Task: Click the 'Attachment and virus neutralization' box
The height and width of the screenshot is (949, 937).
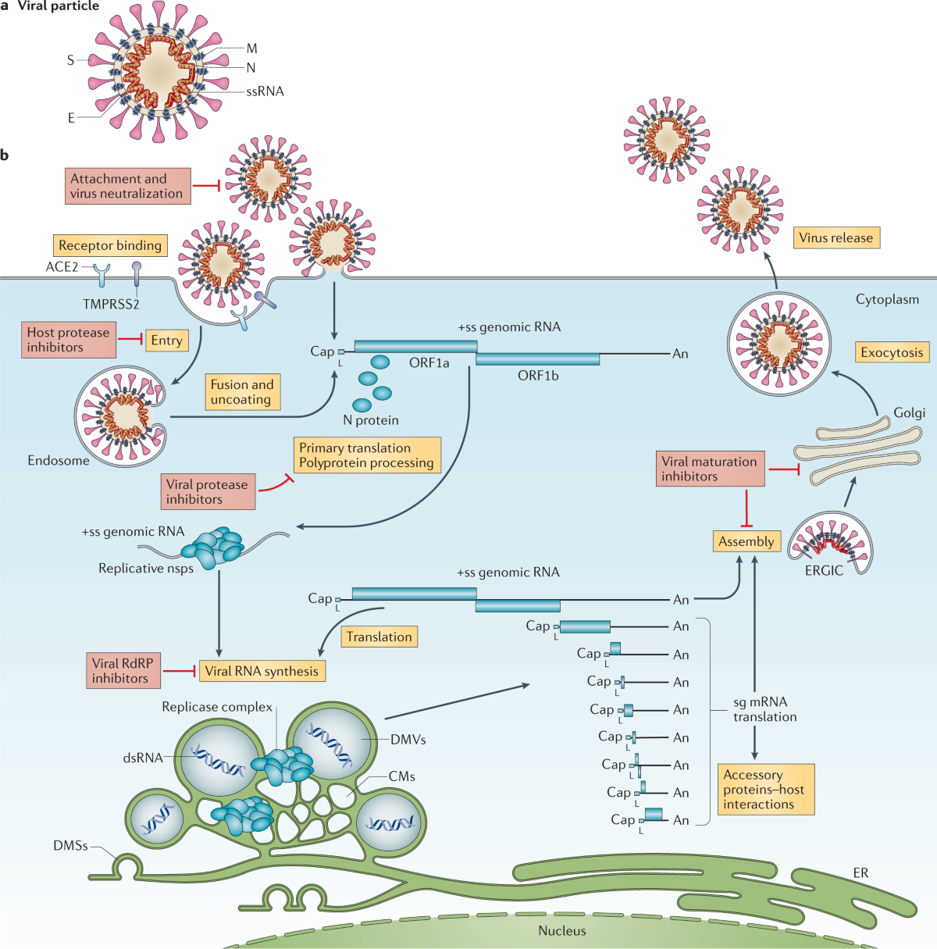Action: point(128,186)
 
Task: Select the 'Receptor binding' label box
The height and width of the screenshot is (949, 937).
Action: point(110,245)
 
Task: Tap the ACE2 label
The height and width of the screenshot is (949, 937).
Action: point(62,267)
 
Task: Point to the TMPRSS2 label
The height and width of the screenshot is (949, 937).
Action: point(111,305)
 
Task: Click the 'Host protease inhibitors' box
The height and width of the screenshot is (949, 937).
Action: point(68,340)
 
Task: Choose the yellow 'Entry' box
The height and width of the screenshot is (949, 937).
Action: point(166,340)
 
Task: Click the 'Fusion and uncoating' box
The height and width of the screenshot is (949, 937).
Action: point(242,392)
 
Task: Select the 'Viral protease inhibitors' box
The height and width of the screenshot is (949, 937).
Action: point(208,491)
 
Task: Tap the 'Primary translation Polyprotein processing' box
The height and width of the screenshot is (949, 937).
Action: point(366,455)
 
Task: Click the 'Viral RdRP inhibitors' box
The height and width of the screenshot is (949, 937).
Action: point(123,671)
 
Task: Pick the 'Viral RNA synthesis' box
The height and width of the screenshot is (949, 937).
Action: point(262,671)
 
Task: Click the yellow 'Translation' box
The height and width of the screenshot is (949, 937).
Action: point(379,637)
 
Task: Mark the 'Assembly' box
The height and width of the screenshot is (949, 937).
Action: point(746,541)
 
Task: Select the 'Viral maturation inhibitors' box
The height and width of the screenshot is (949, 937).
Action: point(710,469)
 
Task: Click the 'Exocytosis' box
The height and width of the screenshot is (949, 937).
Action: point(892,352)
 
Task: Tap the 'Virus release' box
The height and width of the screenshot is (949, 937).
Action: point(835,237)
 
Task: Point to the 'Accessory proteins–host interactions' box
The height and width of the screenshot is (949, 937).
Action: point(765,789)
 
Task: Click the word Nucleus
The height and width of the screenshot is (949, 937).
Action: point(562,930)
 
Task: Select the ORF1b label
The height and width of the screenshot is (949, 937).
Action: point(538,376)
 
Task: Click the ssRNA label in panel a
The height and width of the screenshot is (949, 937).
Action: point(265,91)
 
